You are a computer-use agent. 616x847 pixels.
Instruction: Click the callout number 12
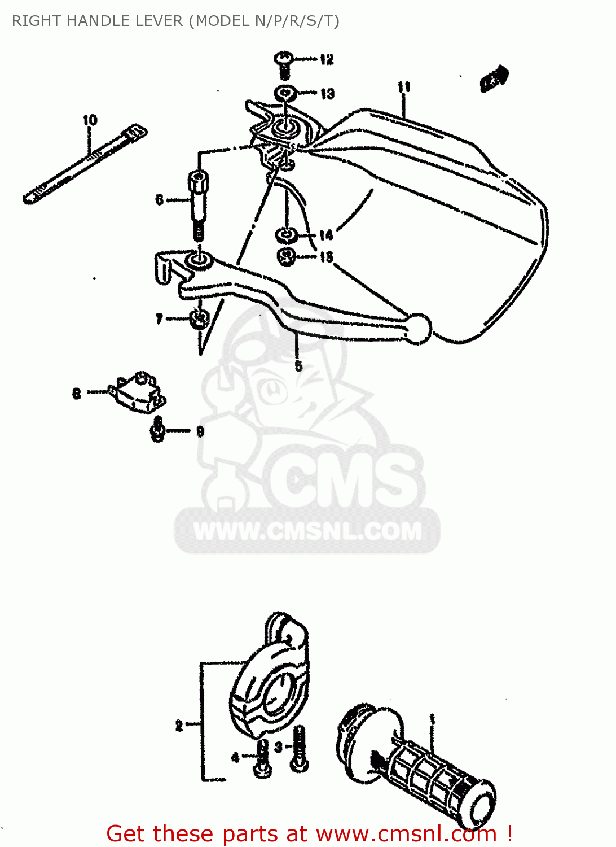click(327, 59)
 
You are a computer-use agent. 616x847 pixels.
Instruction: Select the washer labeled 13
click(286, 92)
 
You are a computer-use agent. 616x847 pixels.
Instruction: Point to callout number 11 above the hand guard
click(404, 87)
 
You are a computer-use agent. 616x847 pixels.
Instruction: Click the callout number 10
click(90, 120)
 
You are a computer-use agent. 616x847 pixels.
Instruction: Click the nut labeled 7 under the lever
click(198, 320)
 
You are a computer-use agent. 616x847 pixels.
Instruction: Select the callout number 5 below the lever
click(298, 365)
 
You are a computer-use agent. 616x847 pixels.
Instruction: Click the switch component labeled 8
click(138, 391)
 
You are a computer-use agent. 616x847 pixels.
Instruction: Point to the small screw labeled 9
click(159, 430)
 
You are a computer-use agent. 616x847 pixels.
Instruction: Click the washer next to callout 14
click(286, 234)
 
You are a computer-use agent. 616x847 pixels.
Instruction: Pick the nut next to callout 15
click(287, 257)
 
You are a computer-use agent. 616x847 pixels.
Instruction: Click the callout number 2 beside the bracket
click(179, 726)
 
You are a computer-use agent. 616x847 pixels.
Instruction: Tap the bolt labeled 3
click(298, 749)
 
